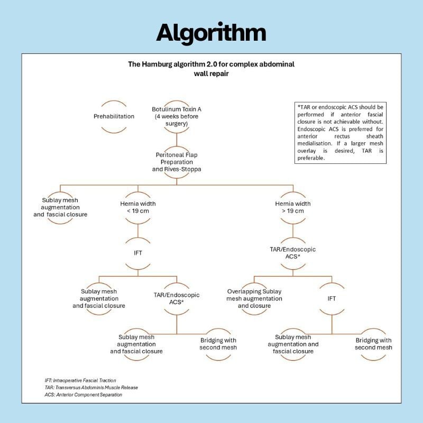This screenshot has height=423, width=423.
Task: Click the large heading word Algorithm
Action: click(x=211, y=33)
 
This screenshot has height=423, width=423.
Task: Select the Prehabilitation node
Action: click(x=114, y=116)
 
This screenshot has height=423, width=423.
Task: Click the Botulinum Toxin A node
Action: click(x=177, y=109)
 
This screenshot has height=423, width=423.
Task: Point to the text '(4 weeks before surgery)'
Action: click(x=177, y=120)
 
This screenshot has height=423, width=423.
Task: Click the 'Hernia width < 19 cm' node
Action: click(x=138, y=207)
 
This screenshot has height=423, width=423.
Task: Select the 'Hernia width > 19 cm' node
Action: click(x=293, y=207)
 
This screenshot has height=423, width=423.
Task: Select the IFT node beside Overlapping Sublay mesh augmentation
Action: click(x=332, y=298)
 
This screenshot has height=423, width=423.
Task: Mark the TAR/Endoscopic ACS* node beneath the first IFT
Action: click(x=177, y=298)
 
